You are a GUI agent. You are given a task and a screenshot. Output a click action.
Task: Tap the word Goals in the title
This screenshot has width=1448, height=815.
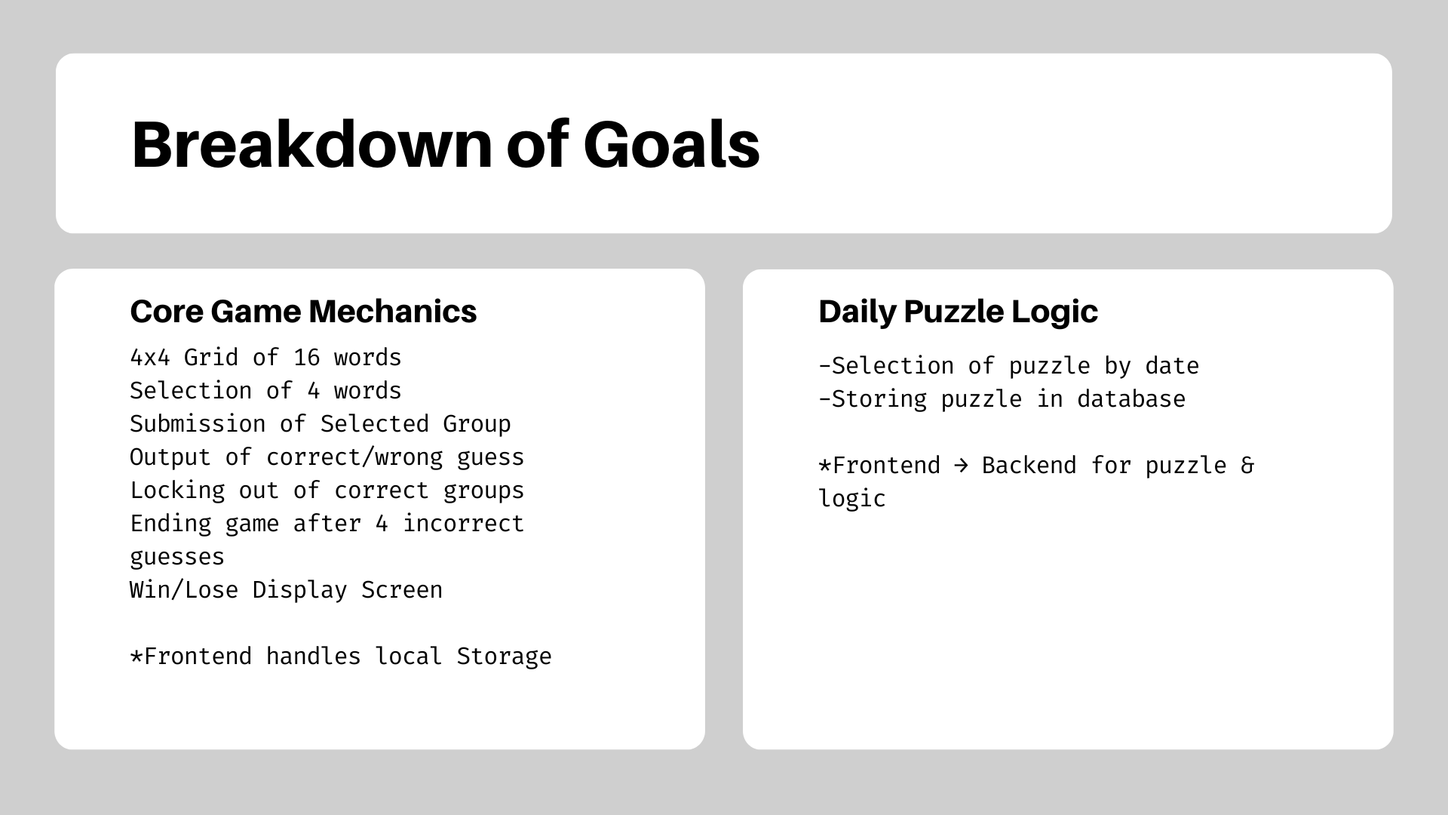click(671, 144)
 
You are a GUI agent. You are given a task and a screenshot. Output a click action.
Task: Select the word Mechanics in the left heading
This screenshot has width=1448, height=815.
click(393, 311)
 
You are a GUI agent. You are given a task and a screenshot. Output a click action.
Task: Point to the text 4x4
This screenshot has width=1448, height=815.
click(150, 357)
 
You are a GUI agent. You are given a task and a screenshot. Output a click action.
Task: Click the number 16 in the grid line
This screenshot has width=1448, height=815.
click(307, 357)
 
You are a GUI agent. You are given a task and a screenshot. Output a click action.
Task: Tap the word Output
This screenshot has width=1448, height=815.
click(170, 457)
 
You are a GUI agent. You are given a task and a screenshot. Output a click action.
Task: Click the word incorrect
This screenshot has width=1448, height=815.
click(463, 523)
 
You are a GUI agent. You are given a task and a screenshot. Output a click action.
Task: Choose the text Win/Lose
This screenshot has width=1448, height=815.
click(184, 589)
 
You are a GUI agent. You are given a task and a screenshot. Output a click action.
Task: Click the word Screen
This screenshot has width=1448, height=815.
click(402, 589)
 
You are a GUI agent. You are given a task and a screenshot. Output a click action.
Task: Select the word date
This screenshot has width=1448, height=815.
click(1172, 366)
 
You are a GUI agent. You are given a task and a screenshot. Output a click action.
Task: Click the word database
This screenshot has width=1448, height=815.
click(1131, 399)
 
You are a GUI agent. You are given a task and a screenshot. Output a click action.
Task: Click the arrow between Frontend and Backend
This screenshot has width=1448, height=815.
click(961, 466)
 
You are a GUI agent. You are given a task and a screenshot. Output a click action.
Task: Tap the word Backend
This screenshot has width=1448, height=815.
click(1029, 466)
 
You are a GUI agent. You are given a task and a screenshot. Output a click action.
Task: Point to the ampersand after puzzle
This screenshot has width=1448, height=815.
click(1247, 466)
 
